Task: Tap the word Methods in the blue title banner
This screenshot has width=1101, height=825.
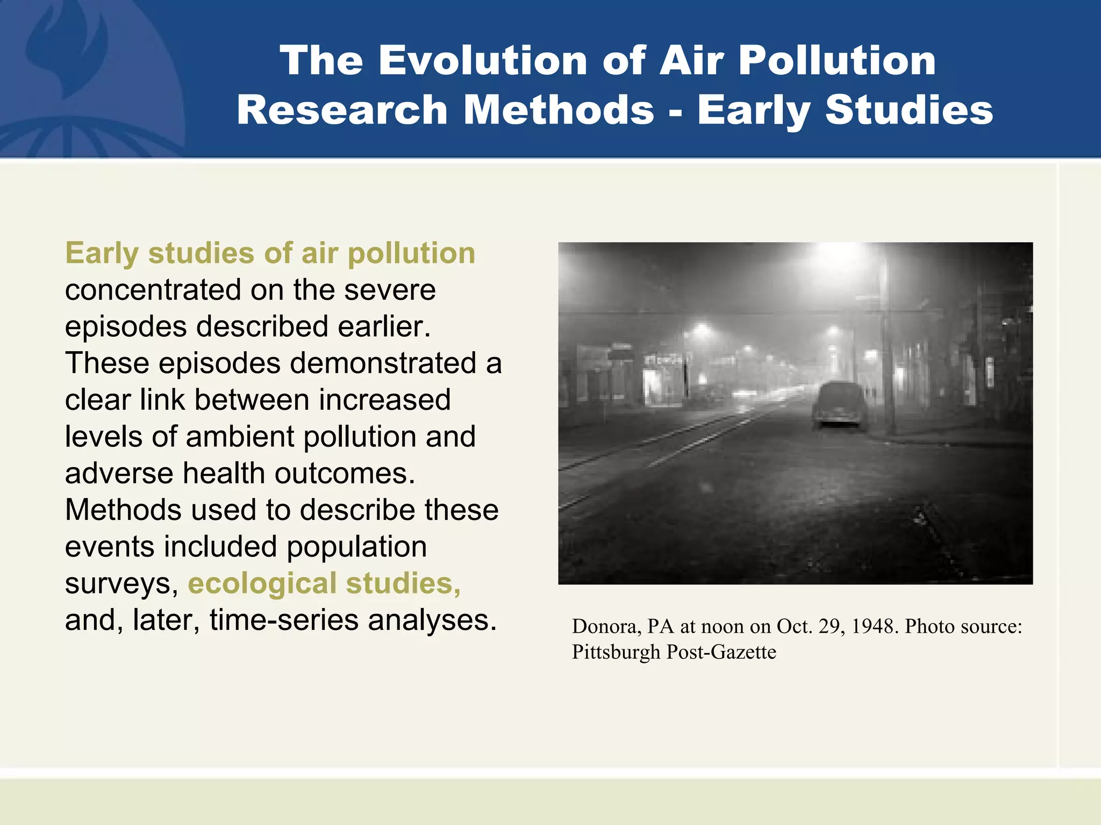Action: pos(559,110)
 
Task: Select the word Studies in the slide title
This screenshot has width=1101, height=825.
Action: pos(909,110)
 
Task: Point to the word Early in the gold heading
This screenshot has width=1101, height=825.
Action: pos(102,253)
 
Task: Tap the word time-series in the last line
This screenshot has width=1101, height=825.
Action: pos(284,620)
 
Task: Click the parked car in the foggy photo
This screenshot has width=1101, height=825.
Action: pos(840,405)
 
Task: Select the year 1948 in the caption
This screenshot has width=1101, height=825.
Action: pos(875,626)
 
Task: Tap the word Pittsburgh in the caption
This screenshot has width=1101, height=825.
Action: pos(616,652)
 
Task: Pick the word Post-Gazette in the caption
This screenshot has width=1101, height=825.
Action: pos(721,652)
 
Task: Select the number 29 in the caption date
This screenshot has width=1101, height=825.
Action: pos(830,626)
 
